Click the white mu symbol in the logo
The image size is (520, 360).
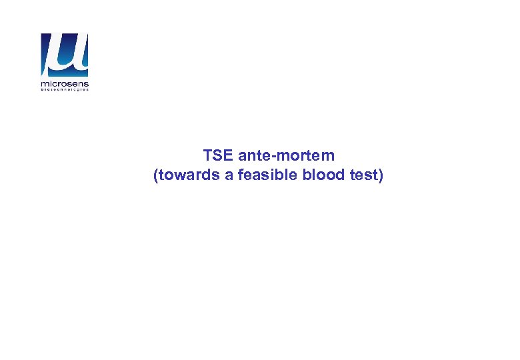click(x=65, y=55)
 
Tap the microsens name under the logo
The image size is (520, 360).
click(x=65, y=84)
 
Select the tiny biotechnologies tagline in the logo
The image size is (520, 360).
click(x=65, y=91)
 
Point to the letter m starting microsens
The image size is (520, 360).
click(x=44, y=84)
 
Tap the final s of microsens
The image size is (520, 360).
click(x=86, y=84)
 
